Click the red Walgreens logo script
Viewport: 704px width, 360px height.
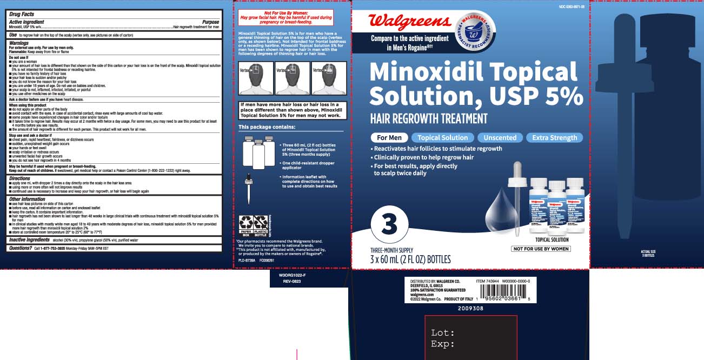[409, 22]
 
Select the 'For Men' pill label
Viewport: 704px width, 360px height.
[388, 137]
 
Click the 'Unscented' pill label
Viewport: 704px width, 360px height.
[500, 137]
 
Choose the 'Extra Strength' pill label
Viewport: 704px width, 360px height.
[554, 137]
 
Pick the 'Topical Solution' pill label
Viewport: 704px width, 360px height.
[442, 137]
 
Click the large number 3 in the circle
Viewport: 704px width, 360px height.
[389, 224]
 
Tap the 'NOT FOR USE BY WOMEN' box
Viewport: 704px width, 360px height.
[541, 249]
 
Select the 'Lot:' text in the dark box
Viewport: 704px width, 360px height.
[443, 332]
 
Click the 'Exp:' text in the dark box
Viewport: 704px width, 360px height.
[443, 344]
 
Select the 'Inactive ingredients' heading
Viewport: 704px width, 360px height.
[30, 239]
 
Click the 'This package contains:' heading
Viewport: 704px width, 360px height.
[267, 127]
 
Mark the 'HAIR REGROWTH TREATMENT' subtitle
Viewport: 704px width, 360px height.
[429, 118]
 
